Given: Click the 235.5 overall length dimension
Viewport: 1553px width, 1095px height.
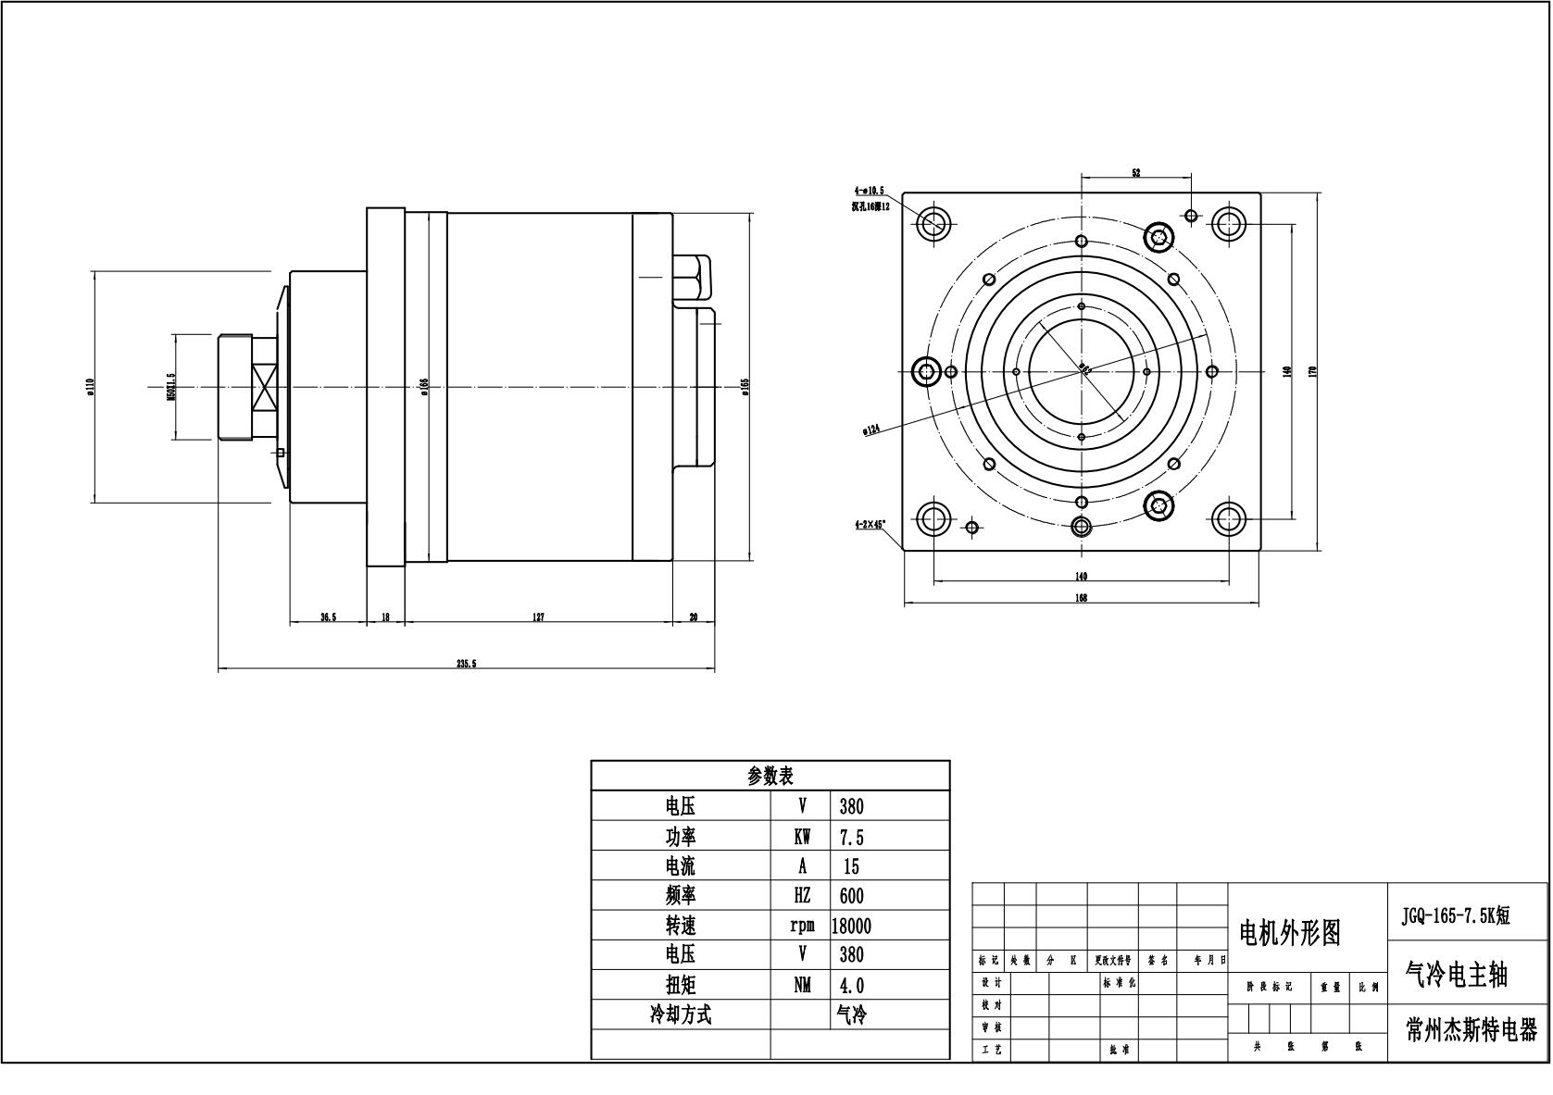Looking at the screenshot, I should (x=466, y=664).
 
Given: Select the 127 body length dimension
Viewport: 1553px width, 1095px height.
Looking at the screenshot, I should (x=538, y=617).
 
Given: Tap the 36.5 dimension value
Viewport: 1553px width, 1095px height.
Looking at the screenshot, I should (x=328, y=617).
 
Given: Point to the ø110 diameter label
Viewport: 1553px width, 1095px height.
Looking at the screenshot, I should (x=91, y=387).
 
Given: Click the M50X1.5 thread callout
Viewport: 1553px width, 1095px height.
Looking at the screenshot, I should (x=169, y=387).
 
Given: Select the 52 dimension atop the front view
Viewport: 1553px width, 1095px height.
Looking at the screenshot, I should (x=1135, y=173).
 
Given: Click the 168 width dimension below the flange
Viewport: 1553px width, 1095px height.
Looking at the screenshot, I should (x=1081, y=598).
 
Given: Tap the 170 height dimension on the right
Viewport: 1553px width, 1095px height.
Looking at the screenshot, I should (x=1312, y=371).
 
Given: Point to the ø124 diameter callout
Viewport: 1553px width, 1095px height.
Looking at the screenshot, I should (x=870, y=429).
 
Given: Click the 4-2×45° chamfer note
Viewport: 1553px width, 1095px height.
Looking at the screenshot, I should (x=870, y=524).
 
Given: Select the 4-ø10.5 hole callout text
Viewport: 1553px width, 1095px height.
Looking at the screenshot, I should (x=870, y=191).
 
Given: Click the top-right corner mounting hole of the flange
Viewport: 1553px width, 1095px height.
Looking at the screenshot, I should (x=1229, y=223).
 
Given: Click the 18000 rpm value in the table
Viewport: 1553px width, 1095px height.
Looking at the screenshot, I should (x=852, y=926).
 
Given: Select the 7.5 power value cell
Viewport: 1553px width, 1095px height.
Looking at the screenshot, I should (x=851, y=838).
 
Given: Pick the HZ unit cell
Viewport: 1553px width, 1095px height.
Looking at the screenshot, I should (x=802, y=896).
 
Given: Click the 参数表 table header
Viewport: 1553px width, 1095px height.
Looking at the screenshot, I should (x=770, y=776).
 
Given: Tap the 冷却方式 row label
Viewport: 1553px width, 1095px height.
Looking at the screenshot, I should (x=681, y=1015).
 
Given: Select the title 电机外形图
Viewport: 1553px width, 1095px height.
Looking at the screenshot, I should (x=1290, y=933).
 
